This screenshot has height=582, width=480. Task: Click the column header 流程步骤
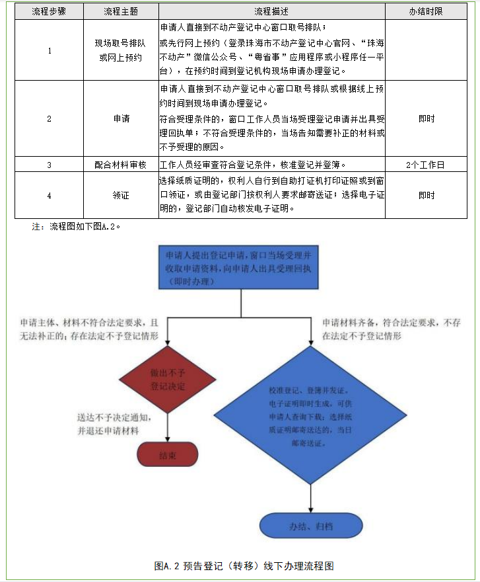pyautogui.click(x=50, y=12)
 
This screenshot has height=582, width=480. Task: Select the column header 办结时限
pyautogui.click(x=426, y=12)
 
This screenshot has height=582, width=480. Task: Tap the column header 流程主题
pyautogui.click(x=121, y=12)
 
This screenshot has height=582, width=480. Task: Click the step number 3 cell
pyautogui.click(x=50, y=165)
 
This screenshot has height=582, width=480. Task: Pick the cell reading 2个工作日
pyautogui.click(x=426, y=165)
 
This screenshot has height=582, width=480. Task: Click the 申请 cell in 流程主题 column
pyautogui.click(x=121, y=118)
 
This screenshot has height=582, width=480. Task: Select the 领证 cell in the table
pyautogui.click(x=121, y=195)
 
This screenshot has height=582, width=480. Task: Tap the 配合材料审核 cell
pyautogui.click(x=121, y=165)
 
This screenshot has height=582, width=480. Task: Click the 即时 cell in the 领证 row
pyautogui.click(x=426, y=195)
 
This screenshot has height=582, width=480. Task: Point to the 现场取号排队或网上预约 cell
pyautogui.click(x=121, y=50)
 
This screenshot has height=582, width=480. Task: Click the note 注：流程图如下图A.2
pyautogui.click(x=76, y=226)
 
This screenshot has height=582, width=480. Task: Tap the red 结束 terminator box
pyautogui.click(x=167, y=456)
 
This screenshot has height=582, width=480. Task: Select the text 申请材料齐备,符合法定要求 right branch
pyautogui.click(x=392, y=329)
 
